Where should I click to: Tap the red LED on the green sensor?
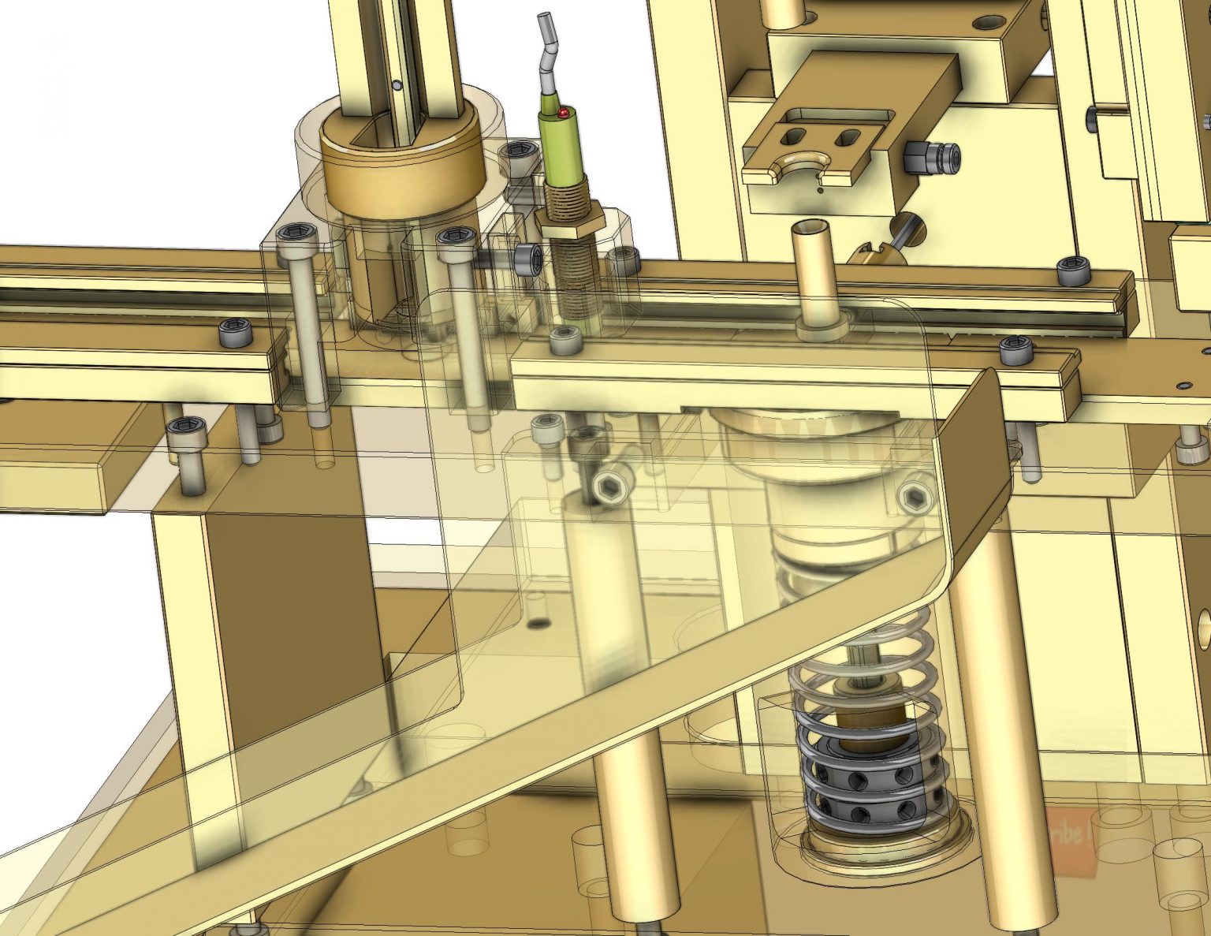point(563,114)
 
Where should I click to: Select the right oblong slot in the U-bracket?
point(848,138)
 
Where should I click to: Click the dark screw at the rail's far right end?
point(1073,270)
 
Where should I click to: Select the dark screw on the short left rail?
point(235,333)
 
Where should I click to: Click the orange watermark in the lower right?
point(1072,840)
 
